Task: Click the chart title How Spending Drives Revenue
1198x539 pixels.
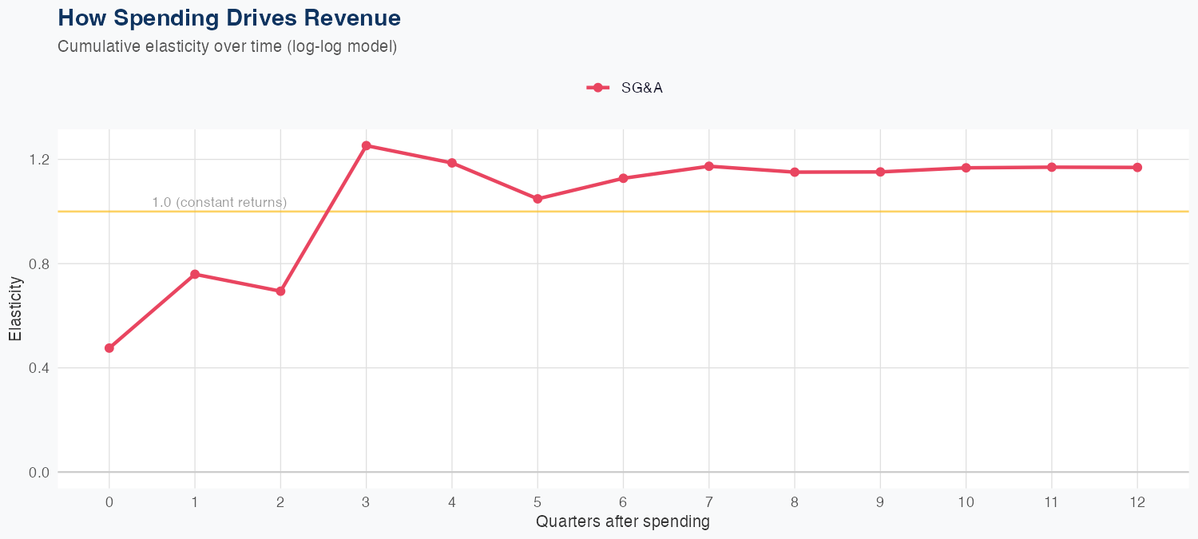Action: point(229,18)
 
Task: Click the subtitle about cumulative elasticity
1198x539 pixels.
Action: point(228,46)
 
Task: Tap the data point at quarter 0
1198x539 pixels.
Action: point(109,348)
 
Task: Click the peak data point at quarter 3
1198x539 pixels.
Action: point(366,146)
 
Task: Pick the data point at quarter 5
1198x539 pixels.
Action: point(538,199)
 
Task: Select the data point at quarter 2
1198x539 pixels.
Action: point(280,291)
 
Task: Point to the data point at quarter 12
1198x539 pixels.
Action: point(1137,168)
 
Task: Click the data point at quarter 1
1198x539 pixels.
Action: point(195,274)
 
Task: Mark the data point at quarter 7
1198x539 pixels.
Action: point(709,166)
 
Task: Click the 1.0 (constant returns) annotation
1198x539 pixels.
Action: point(219,203)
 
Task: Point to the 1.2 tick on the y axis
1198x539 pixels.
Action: point(39,160)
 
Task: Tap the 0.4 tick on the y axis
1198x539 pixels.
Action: point(39,368)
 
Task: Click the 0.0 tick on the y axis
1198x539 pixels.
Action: point(39,473)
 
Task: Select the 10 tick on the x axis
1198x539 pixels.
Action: point(966,502)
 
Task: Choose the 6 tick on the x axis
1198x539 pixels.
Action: point(623,502)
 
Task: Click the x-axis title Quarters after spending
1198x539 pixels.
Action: point(623,522)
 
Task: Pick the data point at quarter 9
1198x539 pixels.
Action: point(880,172)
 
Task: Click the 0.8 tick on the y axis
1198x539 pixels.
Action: point(39,264)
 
